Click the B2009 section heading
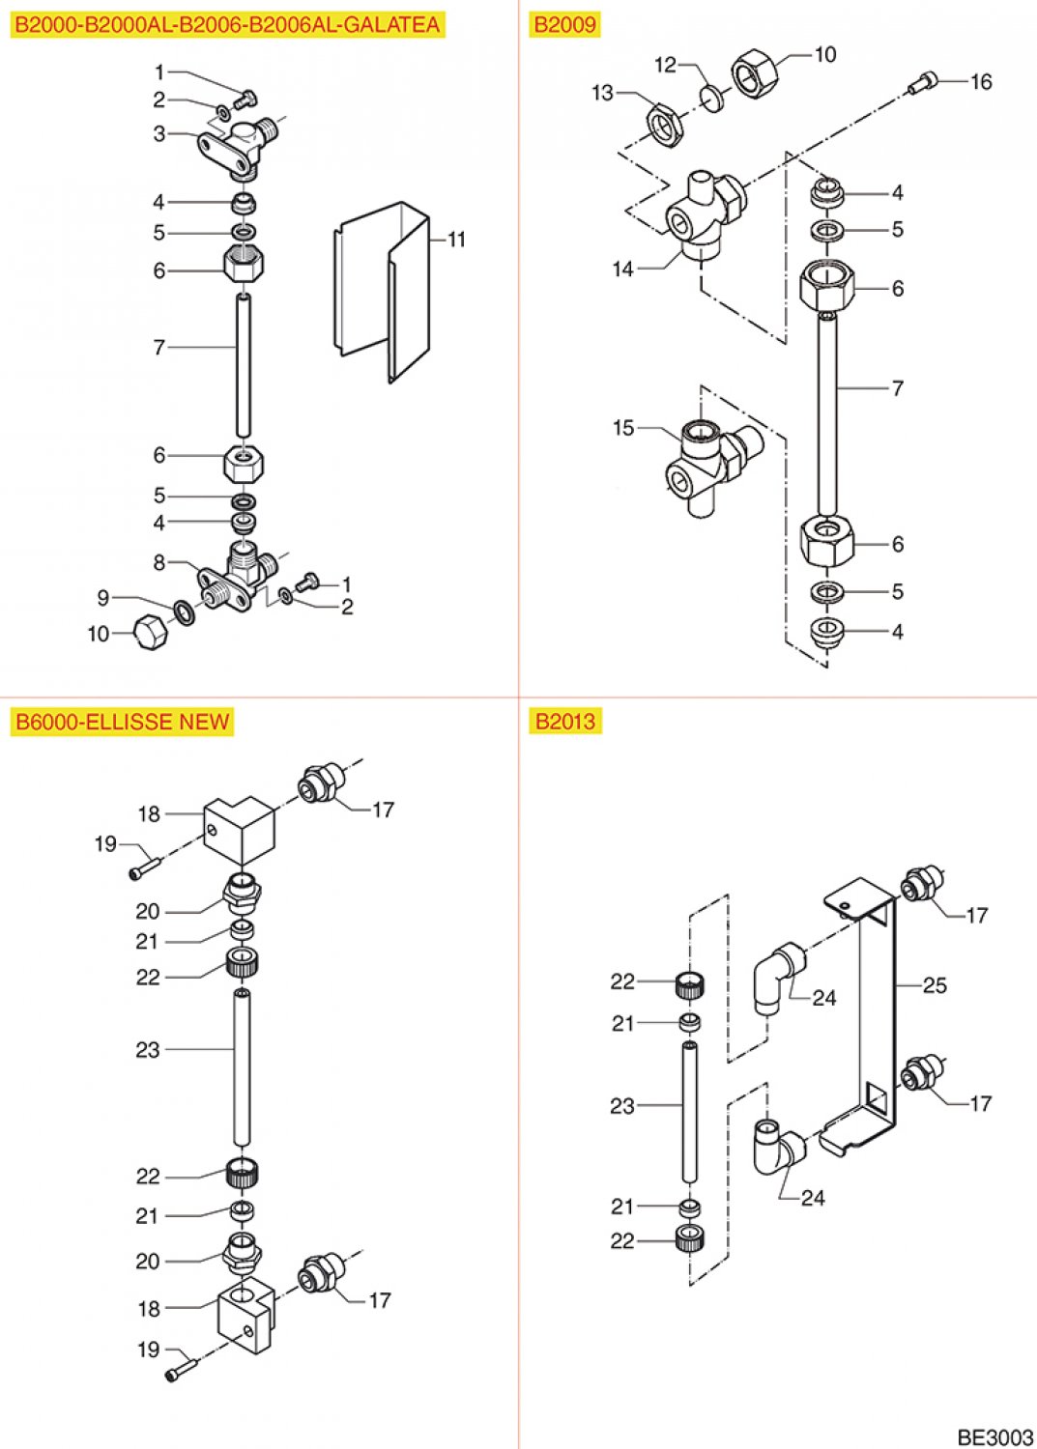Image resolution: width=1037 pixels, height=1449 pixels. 565,25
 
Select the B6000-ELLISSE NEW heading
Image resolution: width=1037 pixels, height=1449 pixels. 122,722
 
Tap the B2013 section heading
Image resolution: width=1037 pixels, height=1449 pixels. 565,722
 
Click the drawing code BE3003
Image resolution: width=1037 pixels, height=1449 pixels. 994,1436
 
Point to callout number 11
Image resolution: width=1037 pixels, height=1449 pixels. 456,240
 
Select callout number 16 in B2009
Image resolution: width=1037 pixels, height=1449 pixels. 981,82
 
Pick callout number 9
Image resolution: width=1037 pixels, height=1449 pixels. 103,598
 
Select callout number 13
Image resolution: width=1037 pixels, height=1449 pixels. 602,93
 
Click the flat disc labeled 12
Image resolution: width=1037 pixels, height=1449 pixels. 713,97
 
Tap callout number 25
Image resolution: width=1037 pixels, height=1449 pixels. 935,986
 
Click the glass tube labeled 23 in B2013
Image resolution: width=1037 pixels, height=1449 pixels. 690,1111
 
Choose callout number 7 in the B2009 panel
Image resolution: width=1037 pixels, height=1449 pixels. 897,388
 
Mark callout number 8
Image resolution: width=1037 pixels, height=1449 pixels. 159,562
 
